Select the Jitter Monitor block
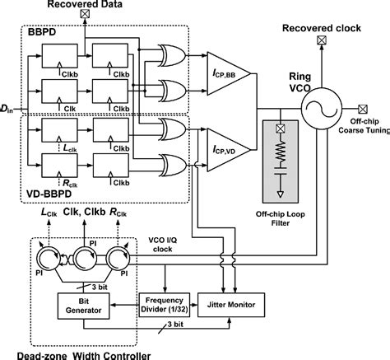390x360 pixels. coord(236,305)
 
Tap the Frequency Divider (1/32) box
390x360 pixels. coord(164,305)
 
